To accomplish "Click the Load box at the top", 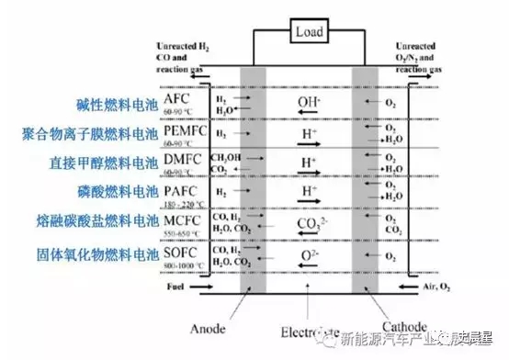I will (x=307, y=32).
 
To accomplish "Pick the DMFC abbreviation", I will (x=182, y=162).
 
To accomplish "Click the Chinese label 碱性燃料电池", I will (x=112, y=104).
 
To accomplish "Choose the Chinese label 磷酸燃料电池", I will (x=112, y=191).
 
